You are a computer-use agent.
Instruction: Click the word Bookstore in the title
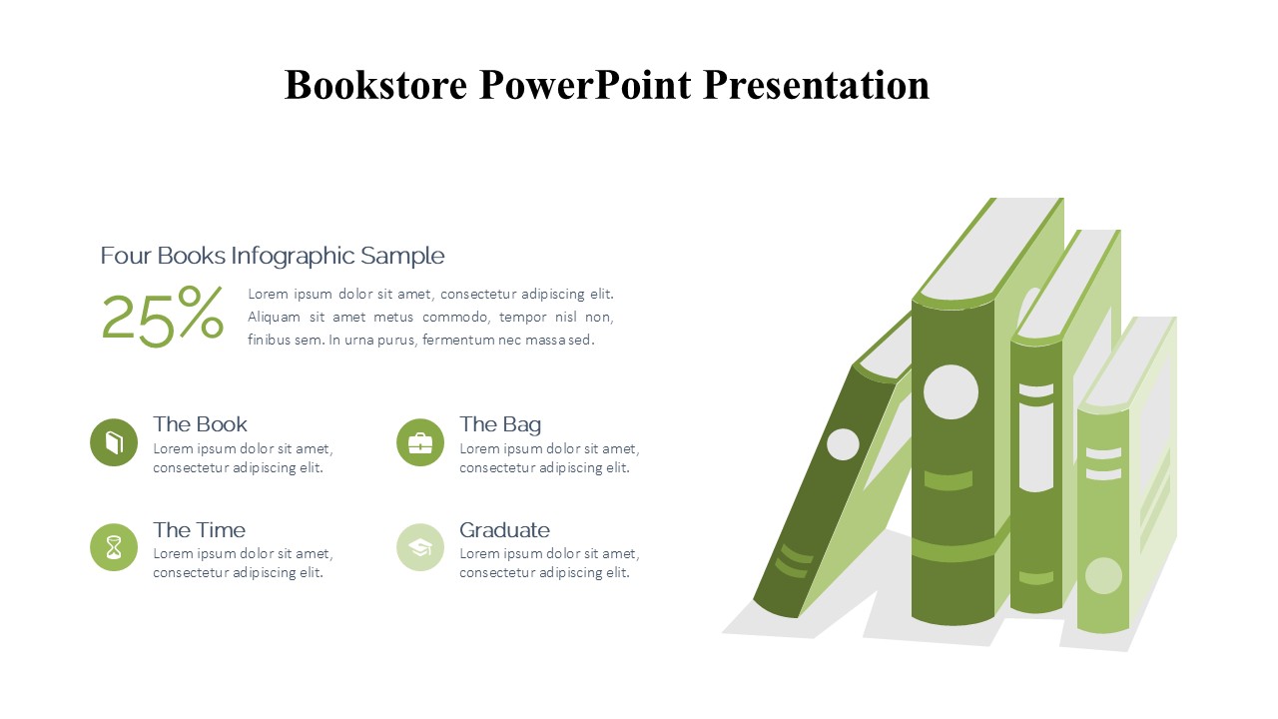click(x=376, y=85)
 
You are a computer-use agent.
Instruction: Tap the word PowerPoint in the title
click(x=585, y=85)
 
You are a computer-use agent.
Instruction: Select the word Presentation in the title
click(x=816, y=85)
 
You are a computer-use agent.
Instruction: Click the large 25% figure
click(x=163, y=317)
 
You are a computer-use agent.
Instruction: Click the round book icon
click(x=114, y=442)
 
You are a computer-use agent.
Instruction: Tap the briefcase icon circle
click(x=420, y=442)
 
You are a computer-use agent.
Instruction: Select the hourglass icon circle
click(x=114, y=547)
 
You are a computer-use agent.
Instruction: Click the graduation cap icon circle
click(x=420, y=547)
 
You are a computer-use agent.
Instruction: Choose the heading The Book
click(x=200, y=424)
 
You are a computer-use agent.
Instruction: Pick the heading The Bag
click(x=500, y=425)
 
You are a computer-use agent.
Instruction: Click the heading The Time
click(x=199, y=530)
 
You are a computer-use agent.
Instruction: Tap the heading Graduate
click(x=504, y=530)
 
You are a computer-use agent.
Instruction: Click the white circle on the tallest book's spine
click(x=951, y=392)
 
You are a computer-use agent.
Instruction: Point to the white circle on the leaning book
click(x=843, y=444)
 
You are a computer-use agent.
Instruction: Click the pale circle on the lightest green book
click(x=1103, y=576)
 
